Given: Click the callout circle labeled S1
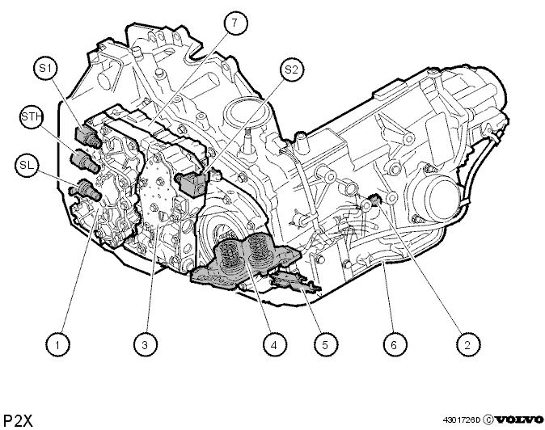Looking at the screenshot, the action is tap(46, 69).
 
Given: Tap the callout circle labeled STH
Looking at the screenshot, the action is tap(32, 116).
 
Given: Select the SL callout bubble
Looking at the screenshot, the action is tap(27, 166).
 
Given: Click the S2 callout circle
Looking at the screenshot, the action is tap(291, 70).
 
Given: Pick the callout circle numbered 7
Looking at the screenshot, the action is tap(235, 23).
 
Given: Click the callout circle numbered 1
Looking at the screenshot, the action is tap(57, 344).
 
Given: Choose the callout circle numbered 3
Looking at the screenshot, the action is tap(146, 344).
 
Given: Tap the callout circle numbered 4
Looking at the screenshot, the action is tap(274, 344).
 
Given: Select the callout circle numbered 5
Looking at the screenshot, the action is tap(325, 344).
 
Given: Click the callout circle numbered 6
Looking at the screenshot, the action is tap(394, 344).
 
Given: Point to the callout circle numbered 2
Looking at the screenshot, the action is tap(467, 344).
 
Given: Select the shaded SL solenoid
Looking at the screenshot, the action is tap(84, 189).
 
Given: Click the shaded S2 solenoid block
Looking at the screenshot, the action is tap(193, 183).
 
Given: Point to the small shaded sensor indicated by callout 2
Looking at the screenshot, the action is tap(375, 200).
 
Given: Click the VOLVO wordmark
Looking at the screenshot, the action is tap(518, 420).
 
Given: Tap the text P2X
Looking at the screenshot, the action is tap(18, 420).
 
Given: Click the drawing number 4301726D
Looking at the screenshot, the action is tap(461, 420).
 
